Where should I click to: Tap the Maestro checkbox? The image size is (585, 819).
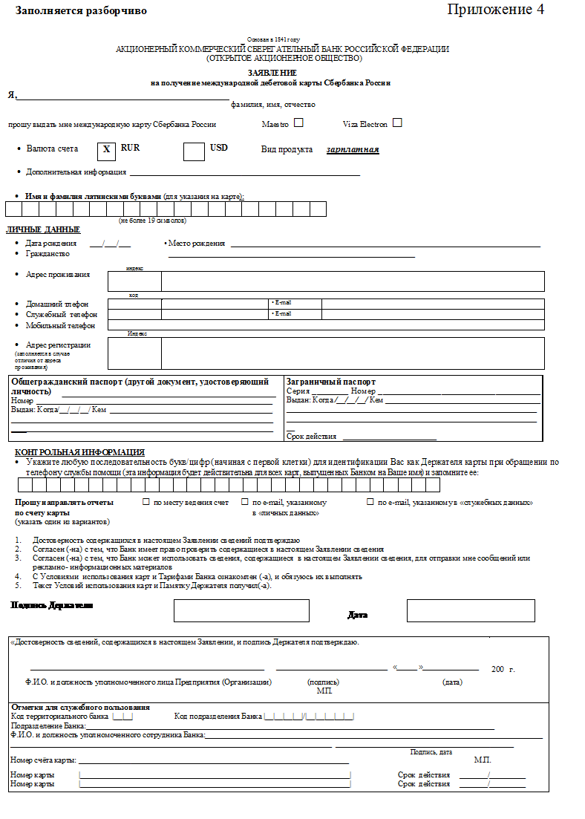(298, 123)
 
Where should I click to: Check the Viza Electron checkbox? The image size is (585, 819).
(397, 123)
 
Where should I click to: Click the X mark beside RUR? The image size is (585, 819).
(106, 150)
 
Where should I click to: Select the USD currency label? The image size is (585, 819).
(218, 149)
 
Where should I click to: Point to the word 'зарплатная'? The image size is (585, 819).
(353, 150)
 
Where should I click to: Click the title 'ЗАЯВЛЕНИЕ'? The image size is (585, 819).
(272, 73)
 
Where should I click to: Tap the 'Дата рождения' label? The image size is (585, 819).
(50, 244)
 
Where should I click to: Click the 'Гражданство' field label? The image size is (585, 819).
(48, 253)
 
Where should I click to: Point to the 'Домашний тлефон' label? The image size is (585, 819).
(57, 304)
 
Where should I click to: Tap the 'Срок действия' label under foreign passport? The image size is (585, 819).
(311, 437)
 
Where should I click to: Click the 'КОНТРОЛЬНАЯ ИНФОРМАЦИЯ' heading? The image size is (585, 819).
(79, 452)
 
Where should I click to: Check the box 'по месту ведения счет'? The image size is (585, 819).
(146, 503)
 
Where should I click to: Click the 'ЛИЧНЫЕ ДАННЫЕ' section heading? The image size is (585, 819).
(43, 229)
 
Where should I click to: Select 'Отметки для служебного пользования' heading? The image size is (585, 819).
(81, 707)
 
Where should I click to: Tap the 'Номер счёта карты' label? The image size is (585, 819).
(43, 760)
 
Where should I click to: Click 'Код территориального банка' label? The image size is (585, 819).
(59, 717)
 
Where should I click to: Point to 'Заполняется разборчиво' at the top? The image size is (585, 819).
(81, 11)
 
